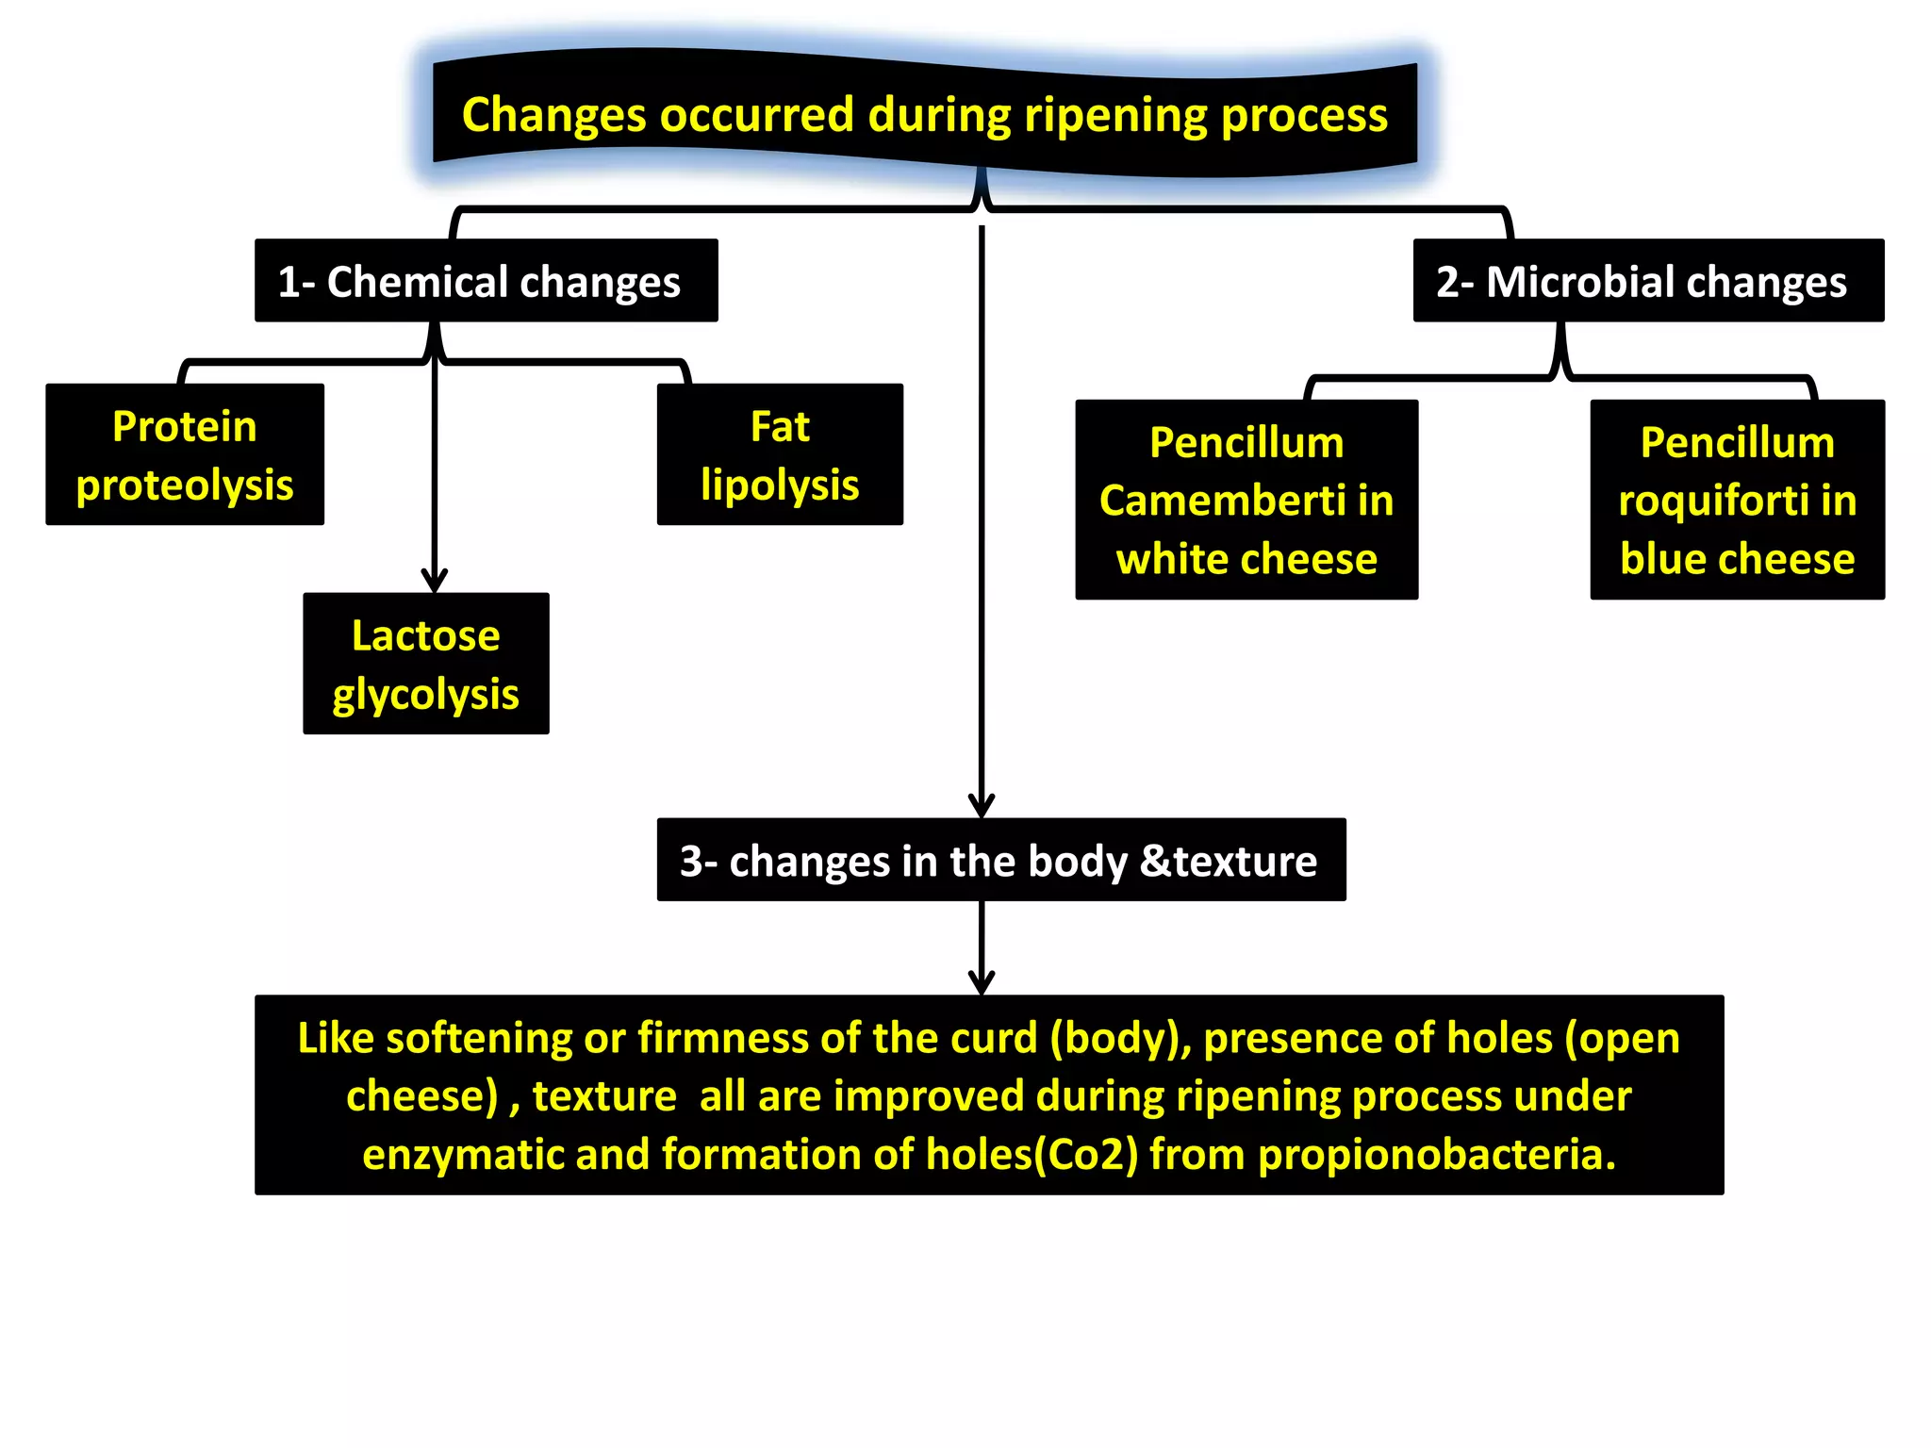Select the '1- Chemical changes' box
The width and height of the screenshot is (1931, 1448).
pyautogui.click(x=486, y=281)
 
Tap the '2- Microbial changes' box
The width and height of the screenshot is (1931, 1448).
pyautogui.click(x=1647, y=281)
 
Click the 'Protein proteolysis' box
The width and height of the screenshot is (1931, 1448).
pyautogui.click(x=185, y=454)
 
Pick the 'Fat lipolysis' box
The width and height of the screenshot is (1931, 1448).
pyautogui.click(x=780, y=454)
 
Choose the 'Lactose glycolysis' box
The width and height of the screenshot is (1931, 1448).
pyautogui.click(x=425, y=664)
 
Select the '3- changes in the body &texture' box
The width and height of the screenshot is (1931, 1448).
pyautogui.click(x=1000, y=860)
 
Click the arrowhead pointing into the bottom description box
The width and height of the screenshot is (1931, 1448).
pyautogui.click(x=982, y=983)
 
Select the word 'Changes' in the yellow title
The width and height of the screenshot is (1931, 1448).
pyautogui.click(x=553, y=116)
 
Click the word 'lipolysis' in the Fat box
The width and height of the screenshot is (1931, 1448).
pyautogui.click(x=780, y=485)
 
